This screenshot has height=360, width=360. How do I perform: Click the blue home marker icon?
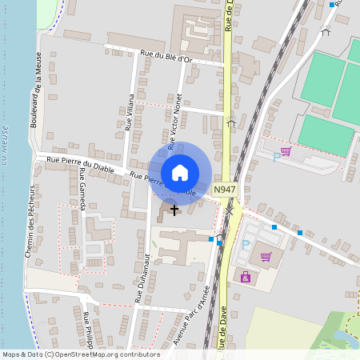[x=180, y=172]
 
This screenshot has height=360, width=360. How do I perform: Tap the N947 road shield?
[x=225, y=190]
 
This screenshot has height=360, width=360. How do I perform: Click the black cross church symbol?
[x=174, y=210]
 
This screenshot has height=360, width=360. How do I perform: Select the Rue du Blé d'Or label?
[x=166, y=56]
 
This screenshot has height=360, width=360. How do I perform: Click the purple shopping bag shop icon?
[x=245, y=277]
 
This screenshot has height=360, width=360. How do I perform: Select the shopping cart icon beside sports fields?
[x=286, y=150]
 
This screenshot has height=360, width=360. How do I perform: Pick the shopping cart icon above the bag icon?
[x=266, y=257]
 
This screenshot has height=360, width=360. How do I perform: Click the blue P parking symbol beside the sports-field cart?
[x=277, y=156]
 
